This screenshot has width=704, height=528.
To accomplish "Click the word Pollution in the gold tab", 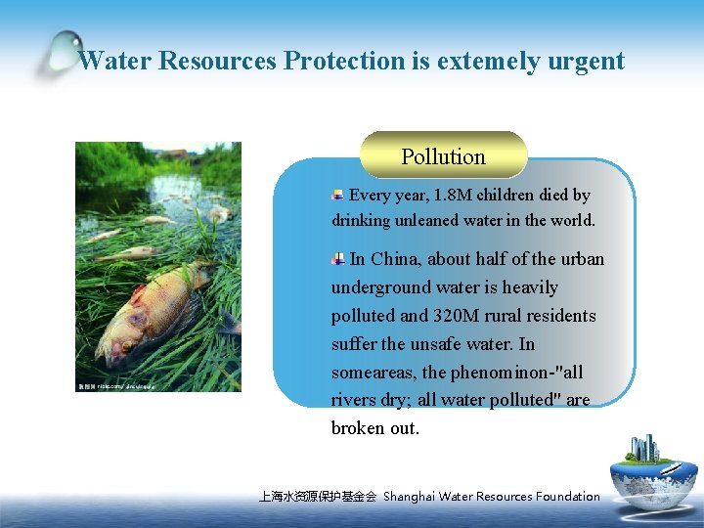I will click(443, 156).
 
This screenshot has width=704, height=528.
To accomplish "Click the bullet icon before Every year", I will click(337, 196).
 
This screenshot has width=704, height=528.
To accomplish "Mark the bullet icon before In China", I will click(337, 259).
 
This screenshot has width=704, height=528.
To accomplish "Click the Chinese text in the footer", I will click(317, 497).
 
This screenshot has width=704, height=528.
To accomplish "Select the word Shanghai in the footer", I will click(410, 497).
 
